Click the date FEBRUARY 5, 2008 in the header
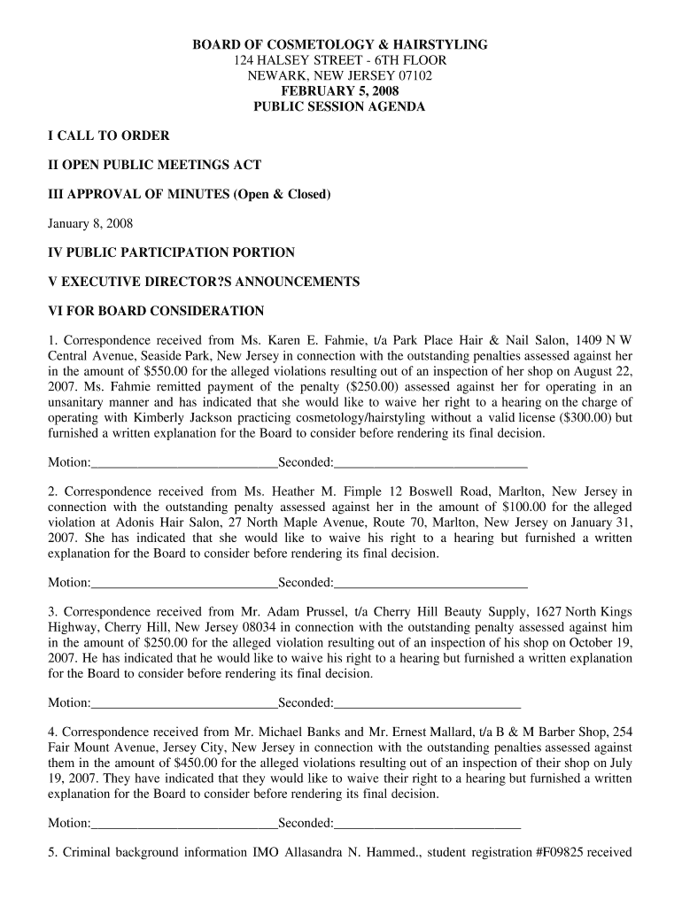click(340, 91)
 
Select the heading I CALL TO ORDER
click(108, 136)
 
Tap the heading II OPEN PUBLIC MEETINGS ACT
click(154, 165)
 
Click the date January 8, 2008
click(89, 223)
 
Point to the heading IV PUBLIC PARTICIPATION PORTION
click(171, 252)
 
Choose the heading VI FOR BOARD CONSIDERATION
click(156, 311)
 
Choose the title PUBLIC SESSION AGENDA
click(340, 107)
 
